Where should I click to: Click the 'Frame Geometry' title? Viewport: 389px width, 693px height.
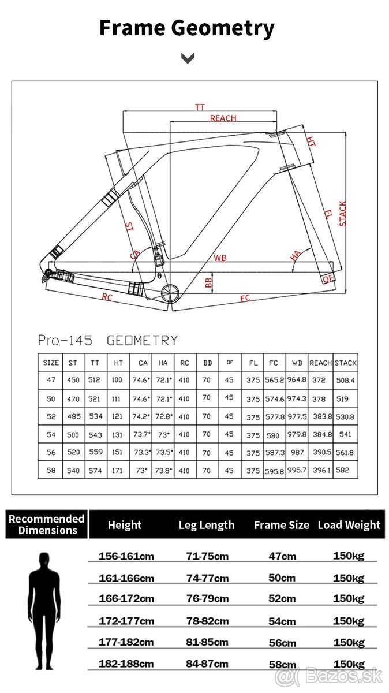tap(187, 28)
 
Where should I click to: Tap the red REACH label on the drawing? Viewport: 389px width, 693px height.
tap(223, 118)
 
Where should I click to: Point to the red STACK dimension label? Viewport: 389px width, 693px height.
tap(343, 214)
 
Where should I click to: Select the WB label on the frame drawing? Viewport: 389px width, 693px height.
tap(220, 258)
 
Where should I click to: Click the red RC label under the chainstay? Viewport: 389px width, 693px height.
tap(107, 297)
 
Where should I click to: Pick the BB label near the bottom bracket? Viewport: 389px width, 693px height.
tap(209, 282)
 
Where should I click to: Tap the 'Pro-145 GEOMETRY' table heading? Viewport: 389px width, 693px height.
tap(107, 340)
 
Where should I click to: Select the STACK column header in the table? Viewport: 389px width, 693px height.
tap(345, 363)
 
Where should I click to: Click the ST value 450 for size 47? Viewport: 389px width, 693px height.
tap(73, 380)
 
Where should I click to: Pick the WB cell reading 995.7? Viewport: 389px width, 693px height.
tap(297, 471)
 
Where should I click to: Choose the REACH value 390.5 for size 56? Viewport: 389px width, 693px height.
tap(321, 453)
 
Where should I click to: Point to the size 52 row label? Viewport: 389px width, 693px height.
tap(51, 416)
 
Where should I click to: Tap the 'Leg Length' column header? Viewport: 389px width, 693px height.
tap(207, 525)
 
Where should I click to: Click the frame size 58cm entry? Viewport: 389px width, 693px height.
tap(282, 664)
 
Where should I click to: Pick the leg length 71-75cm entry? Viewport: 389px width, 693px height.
tap(207, 556)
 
